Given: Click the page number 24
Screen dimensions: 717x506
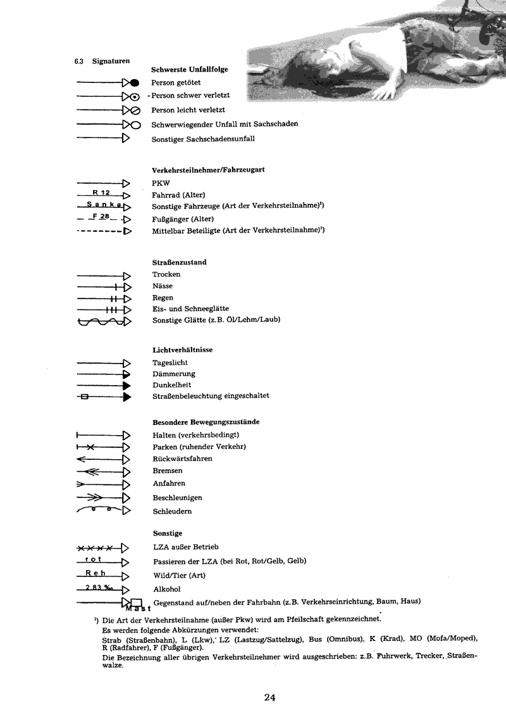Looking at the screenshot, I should (270, 697).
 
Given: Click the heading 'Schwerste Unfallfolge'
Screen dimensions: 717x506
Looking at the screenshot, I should (190, 69).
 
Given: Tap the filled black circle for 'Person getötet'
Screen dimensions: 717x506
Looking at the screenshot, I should (134, 83).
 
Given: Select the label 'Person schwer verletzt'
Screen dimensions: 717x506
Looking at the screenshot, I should (190, 96).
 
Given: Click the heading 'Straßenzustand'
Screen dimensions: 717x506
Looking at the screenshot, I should (180, 262).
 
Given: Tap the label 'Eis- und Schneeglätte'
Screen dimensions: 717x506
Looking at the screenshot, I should (190, 308).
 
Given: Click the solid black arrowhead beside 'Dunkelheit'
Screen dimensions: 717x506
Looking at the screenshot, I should (127, 385).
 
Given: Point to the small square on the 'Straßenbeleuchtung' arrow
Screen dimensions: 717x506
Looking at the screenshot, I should (85, 397).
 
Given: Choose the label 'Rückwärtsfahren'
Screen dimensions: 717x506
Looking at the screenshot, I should (182, 459).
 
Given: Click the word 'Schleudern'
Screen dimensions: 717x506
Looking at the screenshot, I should (172, 511).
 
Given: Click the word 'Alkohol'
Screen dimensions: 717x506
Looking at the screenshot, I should (166, 589).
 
